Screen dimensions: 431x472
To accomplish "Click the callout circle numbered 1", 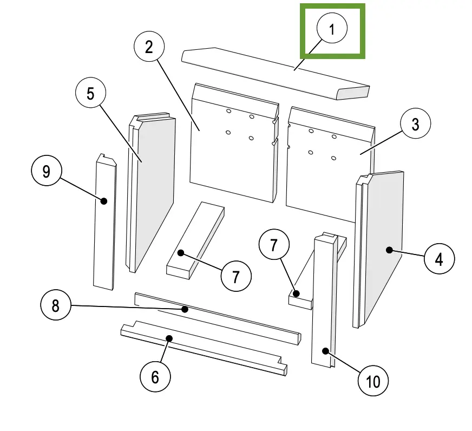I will pyautogui.click(x=332, y=29).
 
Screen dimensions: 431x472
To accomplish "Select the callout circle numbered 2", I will pyautogui.click(x=149, y=47).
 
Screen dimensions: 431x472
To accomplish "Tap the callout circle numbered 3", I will pyautogui.click(x=415, y=125).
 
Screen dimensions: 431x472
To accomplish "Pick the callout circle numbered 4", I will pyautogui.click(x=439, y=259).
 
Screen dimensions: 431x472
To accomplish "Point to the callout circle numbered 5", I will pyautogui.click(x=90, y=94).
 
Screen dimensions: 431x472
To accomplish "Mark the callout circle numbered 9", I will pyautogui.click(x=47, y=172).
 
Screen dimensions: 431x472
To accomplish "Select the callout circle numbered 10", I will pyautogui.click(x=373, y=381).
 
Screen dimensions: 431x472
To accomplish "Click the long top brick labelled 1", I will pyautogui.click(x=271, y=73).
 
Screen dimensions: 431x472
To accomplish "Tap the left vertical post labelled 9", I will pyautogui.click(x=104, y=227).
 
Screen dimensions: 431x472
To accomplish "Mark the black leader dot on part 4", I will pyautogui.click(x=389, y=250).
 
